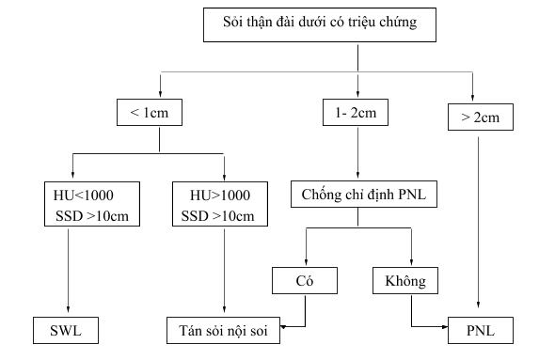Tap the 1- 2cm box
point(357,113)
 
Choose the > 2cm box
point(480,118)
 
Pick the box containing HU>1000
point(223,204)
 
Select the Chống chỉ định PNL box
point(357,195)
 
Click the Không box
point(411,279)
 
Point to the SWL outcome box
point(67,331)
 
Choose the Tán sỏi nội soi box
point(222,331)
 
